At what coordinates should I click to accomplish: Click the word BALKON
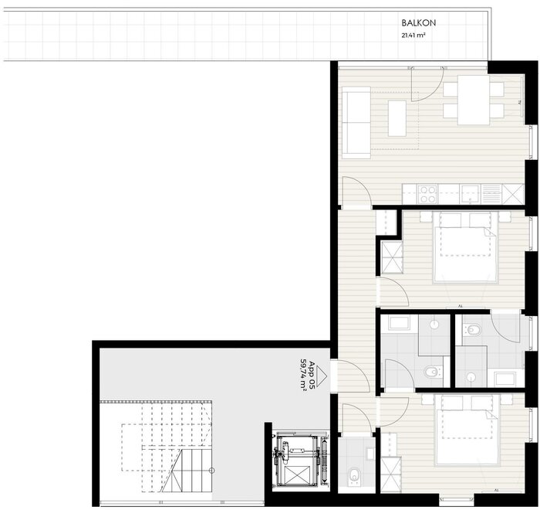[418, 22]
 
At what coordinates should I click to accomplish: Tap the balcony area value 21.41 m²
[413, 35]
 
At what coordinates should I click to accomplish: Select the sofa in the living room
[356, 123]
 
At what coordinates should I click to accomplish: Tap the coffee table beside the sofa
[397, 118]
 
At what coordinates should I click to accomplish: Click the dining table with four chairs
[474, 100]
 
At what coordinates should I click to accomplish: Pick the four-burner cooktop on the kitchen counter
[427, 194]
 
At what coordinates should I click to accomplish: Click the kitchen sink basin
[471, 194]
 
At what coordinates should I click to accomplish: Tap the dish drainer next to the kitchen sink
[491, 194]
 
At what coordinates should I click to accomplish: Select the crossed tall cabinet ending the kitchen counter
[513, 194]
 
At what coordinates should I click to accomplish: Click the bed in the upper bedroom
[466, 248]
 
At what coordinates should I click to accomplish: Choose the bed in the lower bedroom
[467, 430]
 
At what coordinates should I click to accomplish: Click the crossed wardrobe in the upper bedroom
[392, 257]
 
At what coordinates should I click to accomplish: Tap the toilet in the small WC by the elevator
[353, 474]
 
